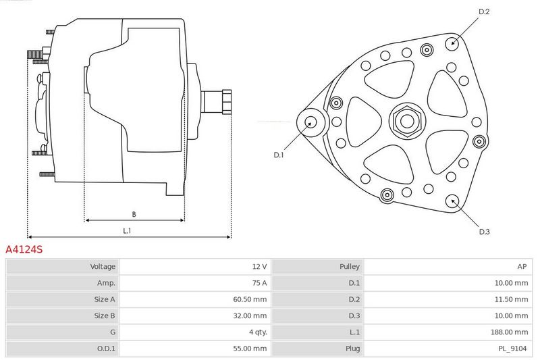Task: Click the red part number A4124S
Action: point(24,249)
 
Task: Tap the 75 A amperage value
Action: point(259,283)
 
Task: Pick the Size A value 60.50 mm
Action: point(250,299)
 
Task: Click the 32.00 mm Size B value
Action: point(250,315)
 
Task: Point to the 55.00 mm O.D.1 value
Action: point(250,349)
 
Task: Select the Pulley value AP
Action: point(522,266)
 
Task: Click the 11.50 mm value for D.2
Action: point(511,299)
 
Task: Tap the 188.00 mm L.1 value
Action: point(510,332)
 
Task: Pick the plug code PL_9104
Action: point(513,349)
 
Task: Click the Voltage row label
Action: point(103,266)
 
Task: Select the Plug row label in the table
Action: point(352,349)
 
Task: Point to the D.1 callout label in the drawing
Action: point(278,155)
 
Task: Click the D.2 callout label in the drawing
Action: point(484,11)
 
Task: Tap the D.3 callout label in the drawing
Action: point(484,232)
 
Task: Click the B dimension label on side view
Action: point(134,214)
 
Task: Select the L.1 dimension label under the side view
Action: point(127,231)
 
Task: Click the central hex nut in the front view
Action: point(407,121)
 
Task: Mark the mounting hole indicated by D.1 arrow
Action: point(311,122)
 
